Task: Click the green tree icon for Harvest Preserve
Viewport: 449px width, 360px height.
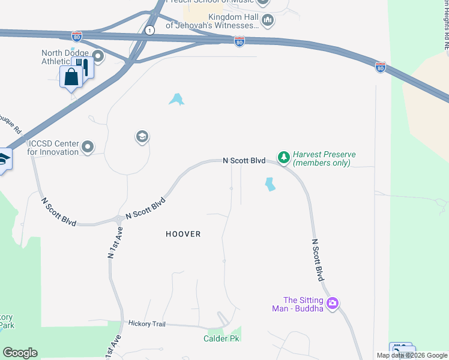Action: coord(283,158)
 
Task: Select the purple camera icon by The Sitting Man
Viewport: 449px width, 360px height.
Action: coord(333,304)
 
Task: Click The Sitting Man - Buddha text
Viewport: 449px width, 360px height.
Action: coord(303,304)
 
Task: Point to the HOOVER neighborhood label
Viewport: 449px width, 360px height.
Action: coord(183,234)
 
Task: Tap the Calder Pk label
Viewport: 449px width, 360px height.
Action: coord(221,339)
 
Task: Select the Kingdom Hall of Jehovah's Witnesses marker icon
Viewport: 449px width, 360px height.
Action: coord(268,20)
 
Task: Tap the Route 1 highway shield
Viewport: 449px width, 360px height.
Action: coord(149,30)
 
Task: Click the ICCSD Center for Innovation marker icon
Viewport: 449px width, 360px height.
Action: coord(88,146)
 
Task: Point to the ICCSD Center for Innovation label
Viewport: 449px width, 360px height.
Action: coord(53,148)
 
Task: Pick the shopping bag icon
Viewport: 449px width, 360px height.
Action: coord(71,77)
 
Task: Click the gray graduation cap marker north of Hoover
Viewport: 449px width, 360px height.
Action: coord(142,137)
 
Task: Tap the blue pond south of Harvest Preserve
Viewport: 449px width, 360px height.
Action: coord(270,184)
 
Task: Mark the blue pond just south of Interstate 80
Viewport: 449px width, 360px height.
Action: coord(176,99)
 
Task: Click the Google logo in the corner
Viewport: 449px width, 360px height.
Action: coord(20,353)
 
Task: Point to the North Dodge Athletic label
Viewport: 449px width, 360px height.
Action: coord(64,57)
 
